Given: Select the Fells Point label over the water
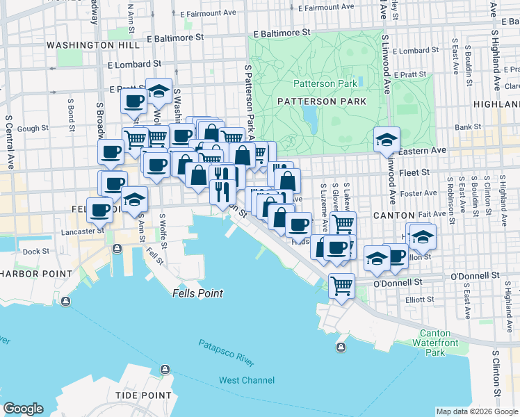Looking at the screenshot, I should (x=197, y=293).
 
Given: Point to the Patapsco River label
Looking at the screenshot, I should (x=226, y=353).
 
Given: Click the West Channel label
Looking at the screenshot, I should (x=246, y=380).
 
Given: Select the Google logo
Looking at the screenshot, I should (x=23, y=408).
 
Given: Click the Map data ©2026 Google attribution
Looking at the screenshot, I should (x=476, y=411).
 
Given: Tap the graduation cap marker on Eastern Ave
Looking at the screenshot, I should (x=387, y=139).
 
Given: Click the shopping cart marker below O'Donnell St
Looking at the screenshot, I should (x=341, y=285).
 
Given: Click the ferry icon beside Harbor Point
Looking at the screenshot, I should (x=65, y=302).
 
